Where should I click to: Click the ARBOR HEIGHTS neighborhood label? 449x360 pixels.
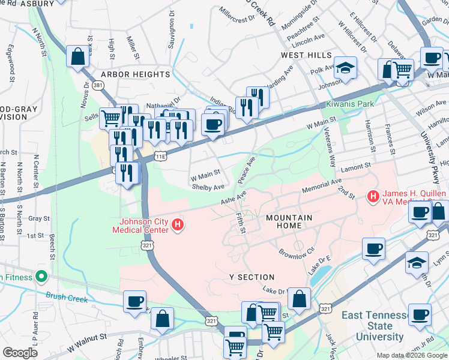tap(136, 74)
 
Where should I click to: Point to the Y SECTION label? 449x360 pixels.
tap(252, 277)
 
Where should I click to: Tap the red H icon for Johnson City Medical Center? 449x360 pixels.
tap(178, 225)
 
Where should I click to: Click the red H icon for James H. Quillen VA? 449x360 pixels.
tap(373, 196)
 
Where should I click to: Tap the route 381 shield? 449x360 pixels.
tap(98, 86)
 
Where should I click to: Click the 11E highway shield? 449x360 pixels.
tap(160, 156)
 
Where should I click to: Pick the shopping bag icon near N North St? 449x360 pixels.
tap(78, 58)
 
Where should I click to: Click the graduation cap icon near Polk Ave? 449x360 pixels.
tap(345, 67)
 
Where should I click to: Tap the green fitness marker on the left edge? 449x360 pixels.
tap(41, 277)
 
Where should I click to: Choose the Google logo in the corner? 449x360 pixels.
tap(20, 353)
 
